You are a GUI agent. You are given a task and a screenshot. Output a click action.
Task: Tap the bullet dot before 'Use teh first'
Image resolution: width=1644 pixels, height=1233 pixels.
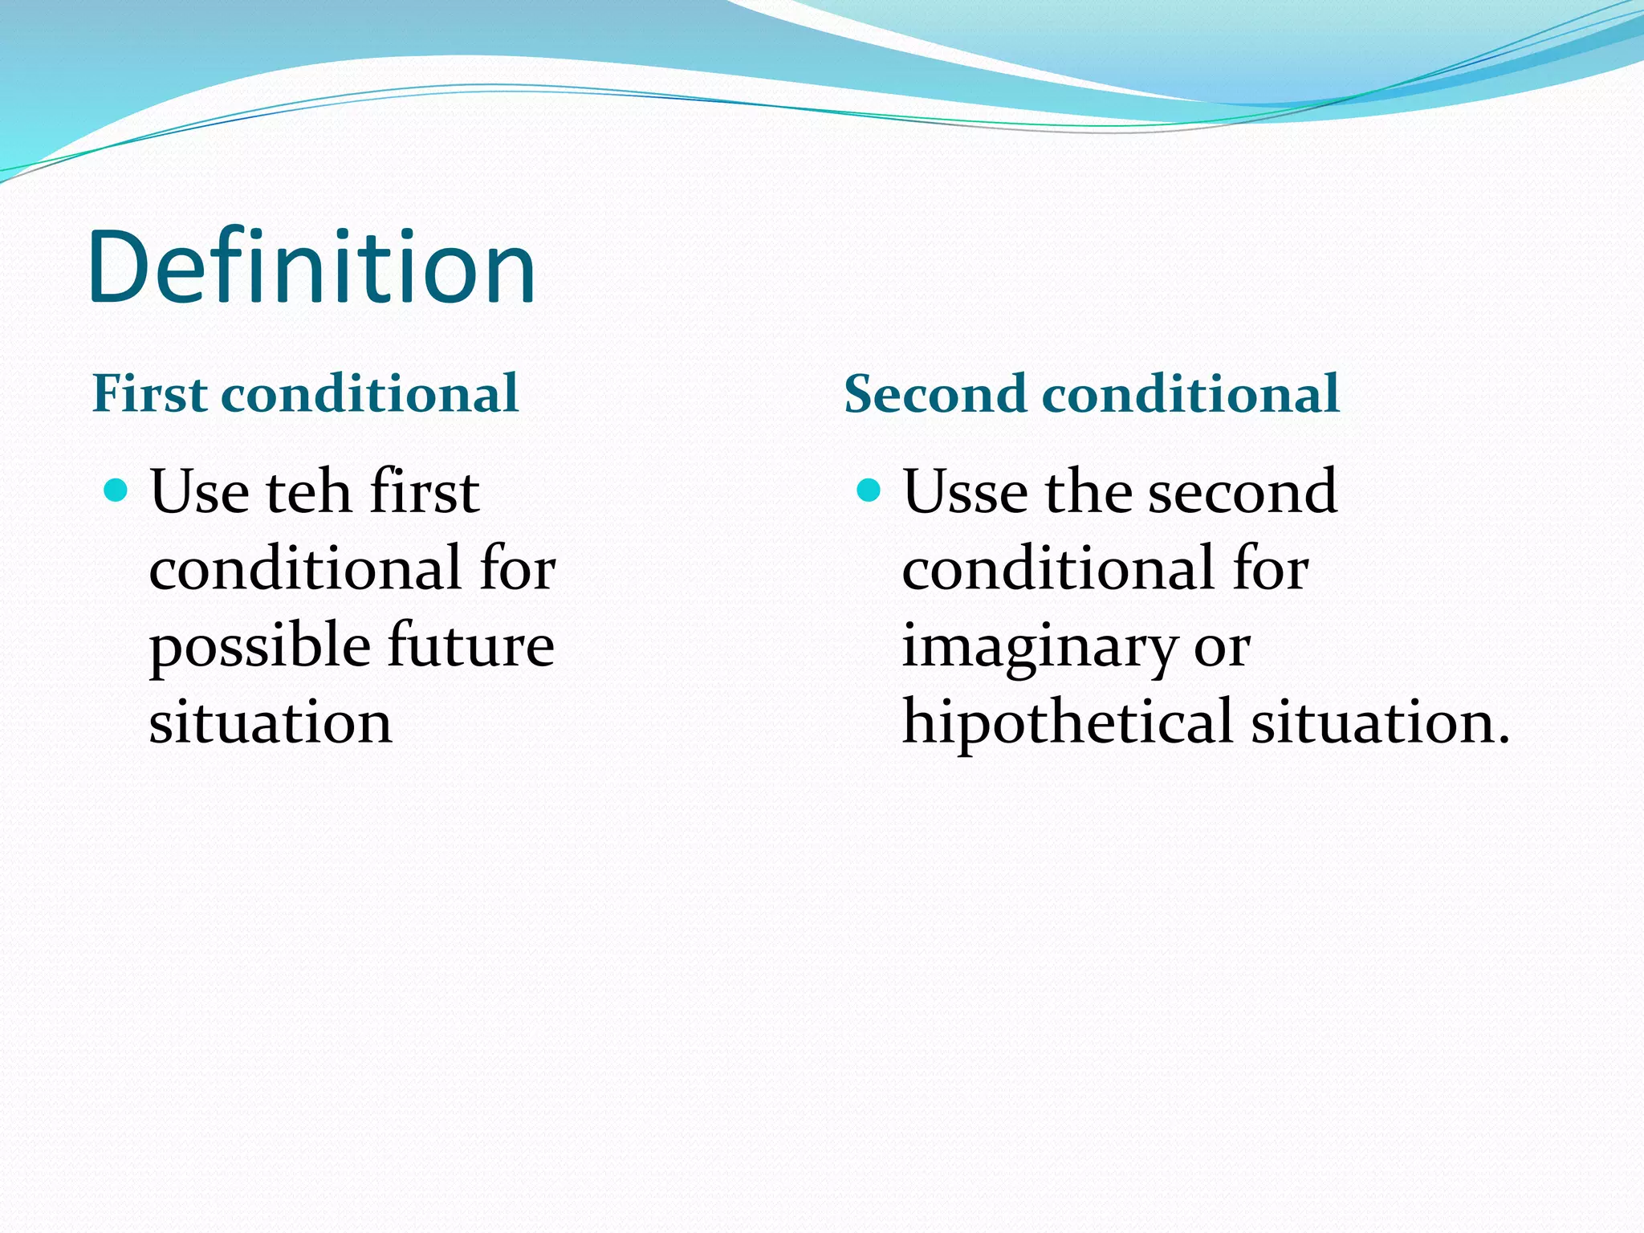click(116, 490)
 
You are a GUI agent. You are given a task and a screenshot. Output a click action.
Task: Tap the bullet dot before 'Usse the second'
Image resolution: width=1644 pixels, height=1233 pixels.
click(869, 490)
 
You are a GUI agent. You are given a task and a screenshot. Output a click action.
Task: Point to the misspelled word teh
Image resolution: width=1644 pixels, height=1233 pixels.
click(308, 491)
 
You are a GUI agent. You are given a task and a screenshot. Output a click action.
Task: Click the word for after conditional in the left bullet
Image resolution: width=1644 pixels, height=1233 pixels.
click(518, 568)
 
